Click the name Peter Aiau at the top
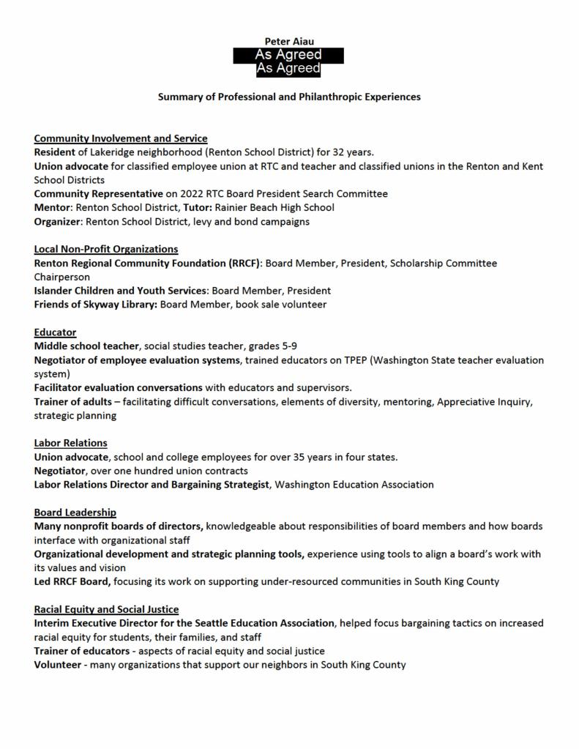[289, 42]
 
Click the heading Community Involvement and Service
[121, 138]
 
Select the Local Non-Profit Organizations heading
[106, 249]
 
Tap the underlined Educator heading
[55, 332]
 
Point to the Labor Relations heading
[70, 443]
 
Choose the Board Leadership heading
[75, 513]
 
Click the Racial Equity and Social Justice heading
[106, 609]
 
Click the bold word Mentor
[53, 208]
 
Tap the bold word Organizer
[58, 221]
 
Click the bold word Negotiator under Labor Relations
[61, 471]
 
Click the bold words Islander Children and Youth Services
[121, 291]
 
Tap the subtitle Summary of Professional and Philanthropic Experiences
[289, 97]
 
